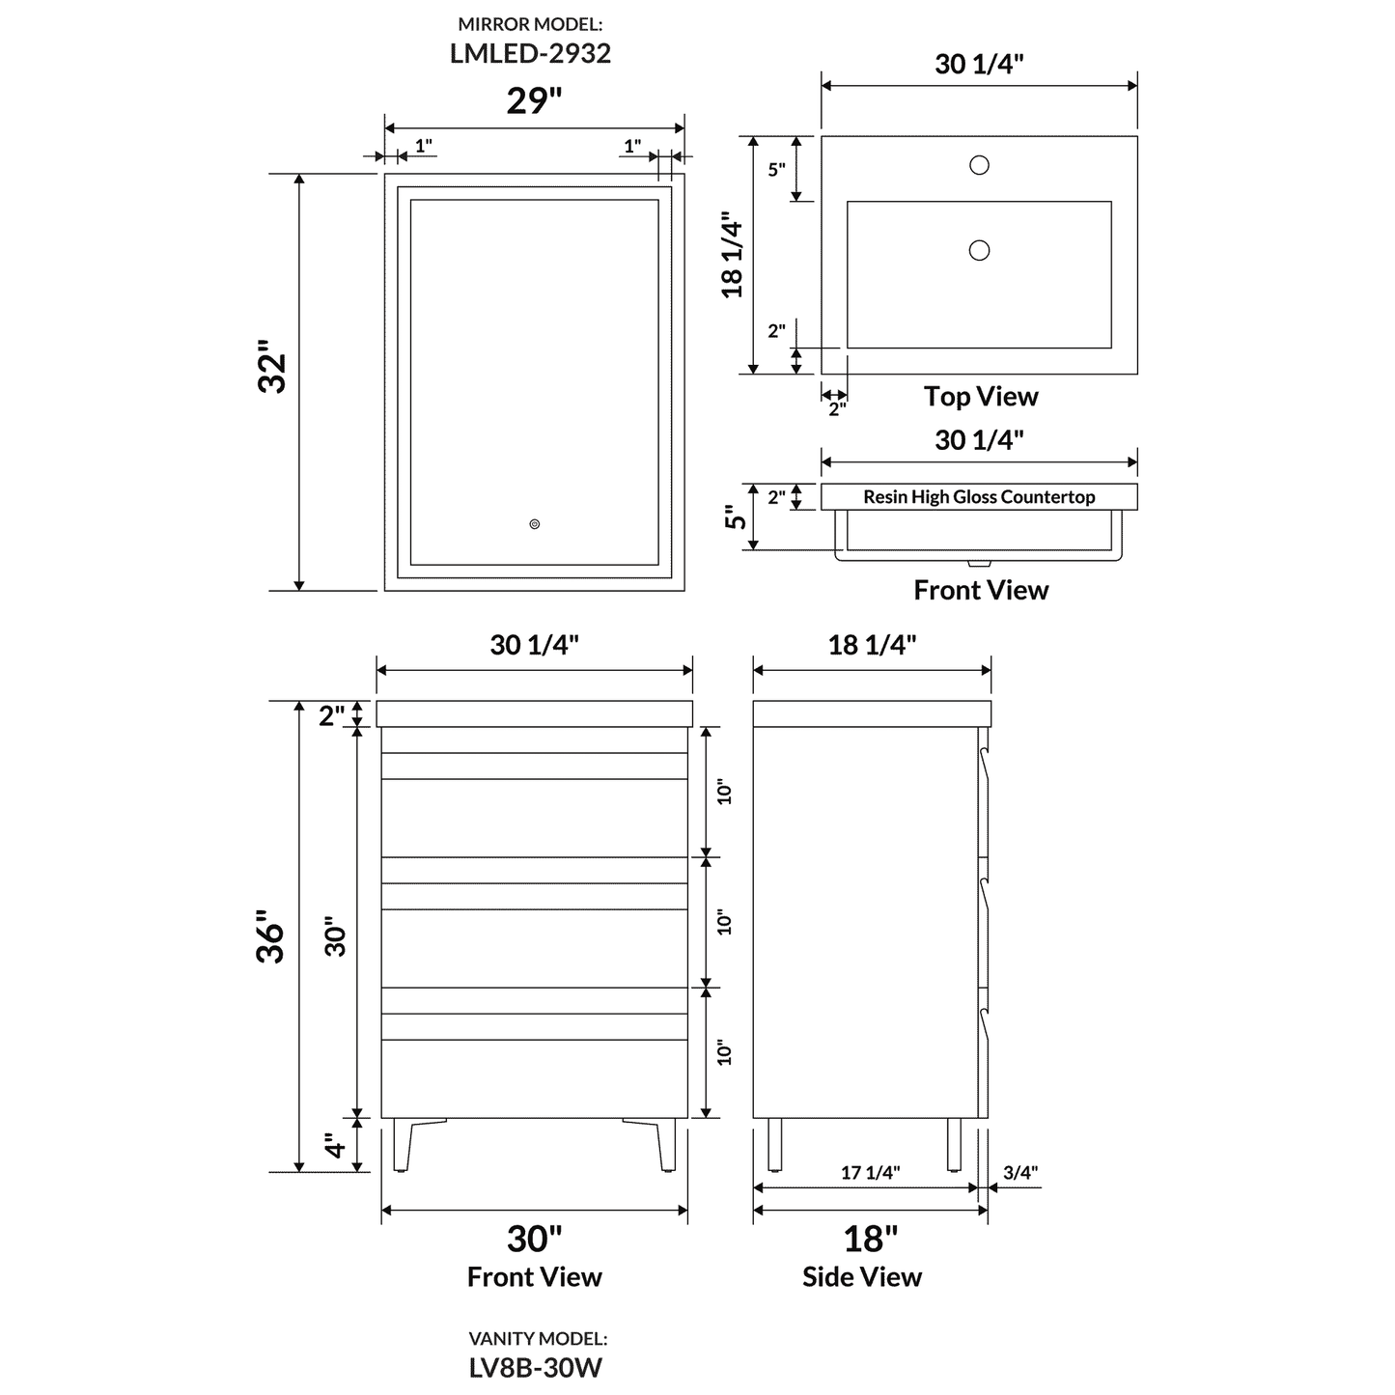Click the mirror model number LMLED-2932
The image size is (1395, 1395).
point(530,53)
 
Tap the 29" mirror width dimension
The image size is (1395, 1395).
point(534,100)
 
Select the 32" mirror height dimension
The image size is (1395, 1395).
point(273,366)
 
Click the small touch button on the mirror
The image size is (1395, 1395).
point(535,524)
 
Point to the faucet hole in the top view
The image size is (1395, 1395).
point(979,165)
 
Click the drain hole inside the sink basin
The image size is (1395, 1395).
point(979,251)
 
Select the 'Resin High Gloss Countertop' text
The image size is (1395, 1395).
point(979,497)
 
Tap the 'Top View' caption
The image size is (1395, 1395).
point(981,396)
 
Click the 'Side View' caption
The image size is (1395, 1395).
point(861,1276)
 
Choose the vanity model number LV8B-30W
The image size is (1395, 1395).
point(538,1367)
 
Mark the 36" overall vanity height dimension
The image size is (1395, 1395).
point(271,935)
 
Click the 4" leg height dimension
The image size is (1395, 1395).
point(335,1146)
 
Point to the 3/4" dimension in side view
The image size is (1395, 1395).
point(1020,1172)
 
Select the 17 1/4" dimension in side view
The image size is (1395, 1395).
point(870,1172)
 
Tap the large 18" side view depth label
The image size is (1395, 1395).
point(871,1239)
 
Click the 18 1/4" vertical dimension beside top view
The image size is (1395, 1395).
point(733,255)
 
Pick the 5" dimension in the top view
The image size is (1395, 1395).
point(777,170)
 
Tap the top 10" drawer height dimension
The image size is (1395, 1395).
point(725,792)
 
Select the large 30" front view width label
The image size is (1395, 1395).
point(534,1239)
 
